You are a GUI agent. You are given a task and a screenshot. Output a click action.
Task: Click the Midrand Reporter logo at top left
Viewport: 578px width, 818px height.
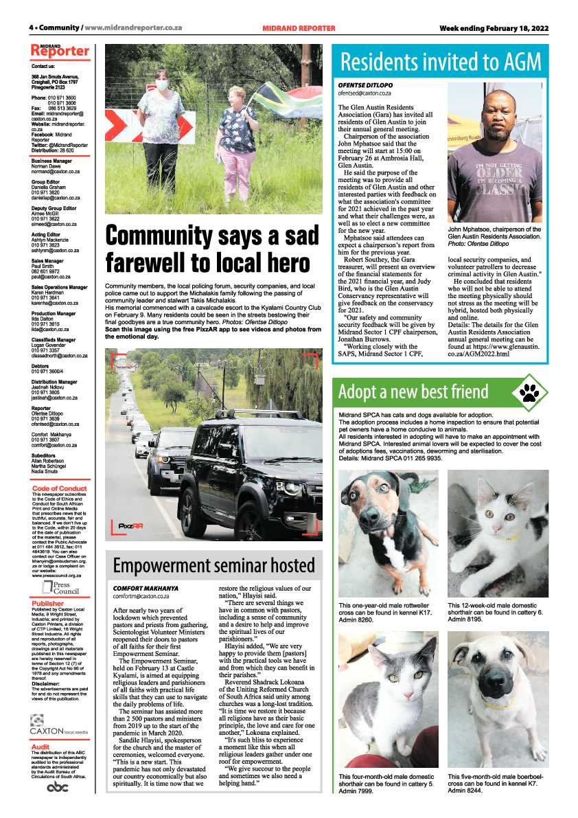(60, 51)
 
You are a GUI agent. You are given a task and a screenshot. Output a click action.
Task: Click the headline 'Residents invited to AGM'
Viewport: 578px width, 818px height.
(440, 62)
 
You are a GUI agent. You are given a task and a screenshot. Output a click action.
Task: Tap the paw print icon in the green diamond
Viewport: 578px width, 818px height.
(529, 392)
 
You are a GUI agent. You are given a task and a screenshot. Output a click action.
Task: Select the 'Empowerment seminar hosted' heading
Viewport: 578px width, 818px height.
(213, 566)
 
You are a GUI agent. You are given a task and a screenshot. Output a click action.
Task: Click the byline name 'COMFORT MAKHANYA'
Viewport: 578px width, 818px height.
(146, 589)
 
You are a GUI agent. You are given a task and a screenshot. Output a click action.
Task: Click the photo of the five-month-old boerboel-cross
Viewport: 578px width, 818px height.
(498, 701)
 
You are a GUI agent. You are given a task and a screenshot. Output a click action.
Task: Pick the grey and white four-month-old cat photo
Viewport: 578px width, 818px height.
(389, 701)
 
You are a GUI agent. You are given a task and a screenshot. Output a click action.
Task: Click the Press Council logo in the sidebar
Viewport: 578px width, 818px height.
(61, 587)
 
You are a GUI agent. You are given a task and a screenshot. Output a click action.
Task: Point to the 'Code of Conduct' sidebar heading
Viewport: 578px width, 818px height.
(60, 488)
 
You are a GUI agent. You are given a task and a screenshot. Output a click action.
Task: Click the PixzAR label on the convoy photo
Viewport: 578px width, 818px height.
(130, 525)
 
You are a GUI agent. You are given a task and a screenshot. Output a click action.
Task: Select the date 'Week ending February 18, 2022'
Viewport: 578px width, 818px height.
(494, 28)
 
